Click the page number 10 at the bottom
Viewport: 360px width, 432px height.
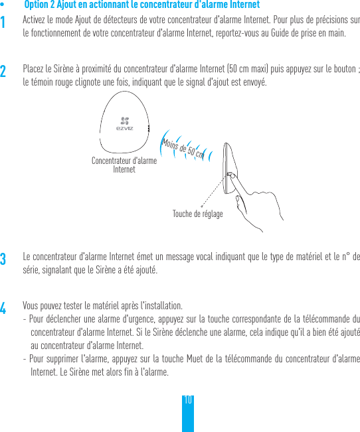[x=188, y=400]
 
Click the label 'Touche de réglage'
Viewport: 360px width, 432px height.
[x=197, y=214]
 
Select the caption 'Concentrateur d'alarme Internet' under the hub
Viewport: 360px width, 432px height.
[x=124, y=165]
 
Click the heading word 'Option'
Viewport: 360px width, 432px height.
[x=35, y=5]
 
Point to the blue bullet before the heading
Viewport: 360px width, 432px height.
[x=3, y=5]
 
